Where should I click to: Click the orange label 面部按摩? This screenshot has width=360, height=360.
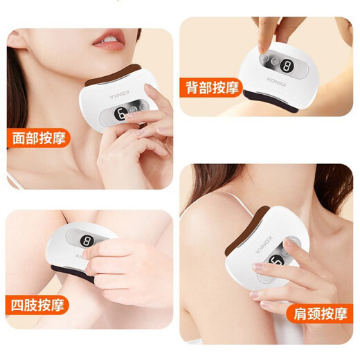[40, 136]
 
